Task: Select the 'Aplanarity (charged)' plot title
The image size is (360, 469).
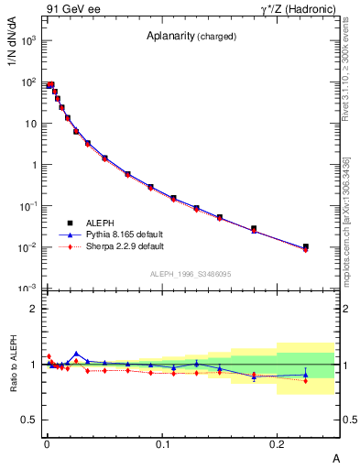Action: (x=191, y=37)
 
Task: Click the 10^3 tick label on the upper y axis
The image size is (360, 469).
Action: (x=28, y=41)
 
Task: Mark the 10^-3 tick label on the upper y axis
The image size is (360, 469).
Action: (x=28, y=289)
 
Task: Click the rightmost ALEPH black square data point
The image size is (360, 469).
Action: (x=306, y=246)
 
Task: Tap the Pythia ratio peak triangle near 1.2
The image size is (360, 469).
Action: (x=76, y=354)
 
